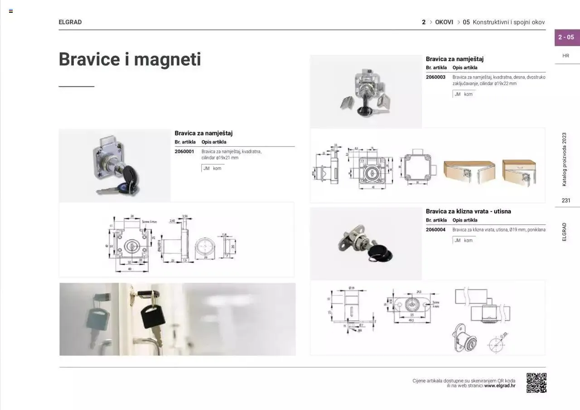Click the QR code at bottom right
pyautogui.click(x=536, y=383)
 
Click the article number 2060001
pyautogui.click(x=184, y=152)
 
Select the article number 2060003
pyautogui.click(x=435, y=77)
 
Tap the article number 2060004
pyautogui.click(x=435, y=230)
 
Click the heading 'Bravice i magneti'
pyautogui.click(x=130, y=59)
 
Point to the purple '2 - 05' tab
pyautogui.click(x=566, y=37)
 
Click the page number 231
pyautogui.click(x=566, y=201)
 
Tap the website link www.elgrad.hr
pyautogui.click(x=500, y=386)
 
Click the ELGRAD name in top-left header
pyautogui.click(x=70, y=22)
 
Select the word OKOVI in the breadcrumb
pyautogui.click(x=444, y=22)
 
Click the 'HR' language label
pyautogui.click(x=566, y=56)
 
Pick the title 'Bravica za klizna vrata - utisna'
pyautogui.click(x=468, y=212)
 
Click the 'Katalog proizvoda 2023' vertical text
pyautogui.click(x=565, y=159)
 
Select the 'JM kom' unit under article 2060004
pyautogui.click(x=464, y=241)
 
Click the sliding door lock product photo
pyautogui.click(x=366, y=244)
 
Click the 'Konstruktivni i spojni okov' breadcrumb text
pyautogui.click(x=508, y=22)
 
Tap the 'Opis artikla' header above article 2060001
pyautogui.click(x=214, y=142)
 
